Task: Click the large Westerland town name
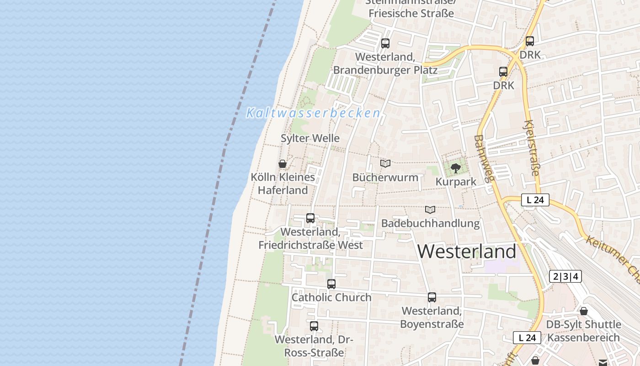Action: (x=467, y=252)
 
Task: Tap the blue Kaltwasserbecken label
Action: (x=313, y=113)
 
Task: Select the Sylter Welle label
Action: (x=310, y=138)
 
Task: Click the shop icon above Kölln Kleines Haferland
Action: (x=283, y=164)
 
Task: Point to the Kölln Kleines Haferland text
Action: (x=283, y=183)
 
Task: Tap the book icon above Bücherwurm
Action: (x=385, y=163)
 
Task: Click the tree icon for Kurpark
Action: (x=455, y=168)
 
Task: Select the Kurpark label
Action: (x=456, y=182)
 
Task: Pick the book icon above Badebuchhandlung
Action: (x=430, y=210)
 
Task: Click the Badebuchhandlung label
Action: (x=430, y=223)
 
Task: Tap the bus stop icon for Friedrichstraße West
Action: (x=310, y=218)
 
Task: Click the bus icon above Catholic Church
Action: (x=331, y=284)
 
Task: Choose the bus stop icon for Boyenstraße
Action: (x=432, y=297)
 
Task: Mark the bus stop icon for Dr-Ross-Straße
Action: (x=314, y=326)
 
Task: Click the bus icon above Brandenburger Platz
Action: (x=385, y=43)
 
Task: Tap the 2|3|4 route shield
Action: (x=565, y=276)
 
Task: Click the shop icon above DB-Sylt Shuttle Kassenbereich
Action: (x=584, y=312)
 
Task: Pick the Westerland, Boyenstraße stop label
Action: (x=432, y=318)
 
